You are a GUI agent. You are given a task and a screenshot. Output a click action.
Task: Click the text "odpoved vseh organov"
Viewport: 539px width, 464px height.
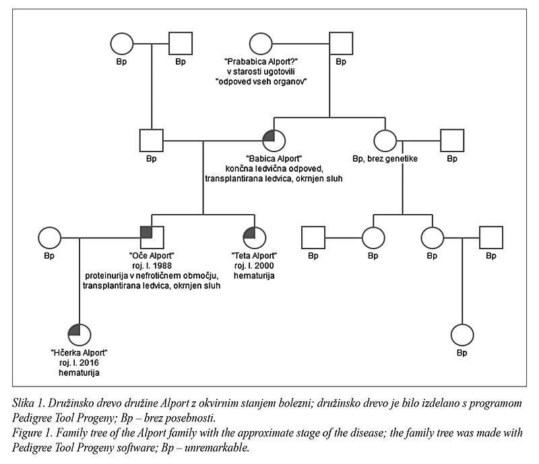click(x=261, y=81)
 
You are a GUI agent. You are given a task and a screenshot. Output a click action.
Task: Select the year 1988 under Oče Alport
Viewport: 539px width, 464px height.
click(x=162, y=266)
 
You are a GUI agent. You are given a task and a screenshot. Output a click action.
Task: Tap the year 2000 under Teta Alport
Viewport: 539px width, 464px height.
click(x=264, y=266)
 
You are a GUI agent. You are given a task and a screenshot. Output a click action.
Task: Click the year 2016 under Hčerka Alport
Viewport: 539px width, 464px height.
click(x=89, y=362)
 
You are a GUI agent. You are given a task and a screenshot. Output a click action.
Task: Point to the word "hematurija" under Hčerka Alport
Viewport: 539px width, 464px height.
click(x=79, y=372)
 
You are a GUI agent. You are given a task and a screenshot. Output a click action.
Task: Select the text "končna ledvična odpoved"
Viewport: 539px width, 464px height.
click(x=274, y=169)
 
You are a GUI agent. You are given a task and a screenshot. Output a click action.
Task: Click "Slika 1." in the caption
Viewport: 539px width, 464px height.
click(x=28, y=403)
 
